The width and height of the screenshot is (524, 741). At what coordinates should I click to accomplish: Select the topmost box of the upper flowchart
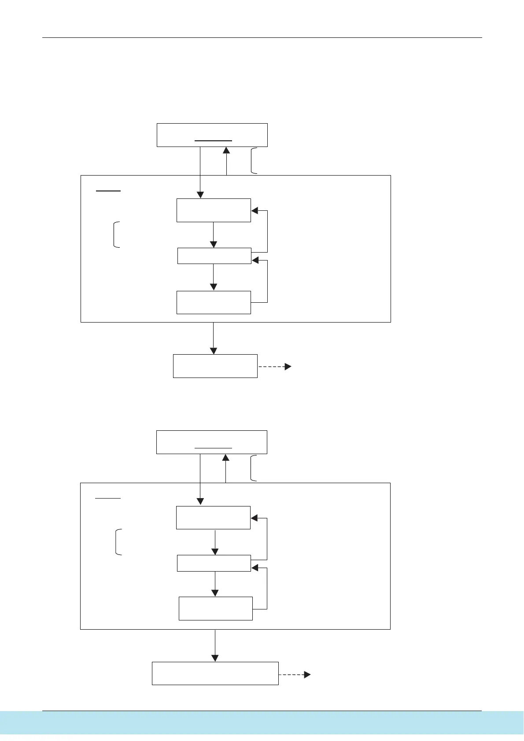point(212,135)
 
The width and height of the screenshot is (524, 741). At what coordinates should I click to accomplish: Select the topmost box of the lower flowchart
point(212,442)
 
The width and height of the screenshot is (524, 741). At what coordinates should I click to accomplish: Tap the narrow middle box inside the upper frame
point(214,256)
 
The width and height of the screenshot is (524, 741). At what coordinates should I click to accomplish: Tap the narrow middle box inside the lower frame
point(214,563)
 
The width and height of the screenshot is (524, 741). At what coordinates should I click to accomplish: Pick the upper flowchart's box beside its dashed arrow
point(215,366)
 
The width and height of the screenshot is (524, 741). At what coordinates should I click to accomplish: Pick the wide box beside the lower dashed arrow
point(215,673)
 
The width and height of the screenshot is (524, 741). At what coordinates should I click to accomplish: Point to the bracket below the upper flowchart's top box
point(253,161)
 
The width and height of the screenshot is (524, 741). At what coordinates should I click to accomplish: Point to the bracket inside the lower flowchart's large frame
point(118,542)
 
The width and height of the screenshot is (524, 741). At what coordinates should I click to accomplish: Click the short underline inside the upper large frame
point(108,191)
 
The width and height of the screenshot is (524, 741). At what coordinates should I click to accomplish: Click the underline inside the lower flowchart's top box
point(213,448)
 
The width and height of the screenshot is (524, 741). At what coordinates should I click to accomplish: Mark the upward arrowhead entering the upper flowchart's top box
point(226,150)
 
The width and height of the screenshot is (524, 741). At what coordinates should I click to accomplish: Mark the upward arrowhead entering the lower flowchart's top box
point(226,458)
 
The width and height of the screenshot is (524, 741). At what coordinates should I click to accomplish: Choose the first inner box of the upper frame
point(214,210)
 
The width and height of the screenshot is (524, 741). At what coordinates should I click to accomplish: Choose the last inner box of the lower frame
point(215,608)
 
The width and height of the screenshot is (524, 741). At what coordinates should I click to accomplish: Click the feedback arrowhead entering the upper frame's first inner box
point(255,211)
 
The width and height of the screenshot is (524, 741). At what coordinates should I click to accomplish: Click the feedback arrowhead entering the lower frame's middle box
point(255,568)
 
